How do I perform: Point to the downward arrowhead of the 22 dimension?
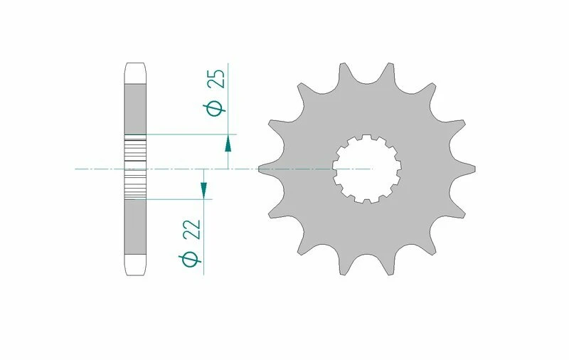point(203,189)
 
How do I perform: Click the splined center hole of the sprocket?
point(367,169)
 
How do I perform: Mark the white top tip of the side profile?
point(135,73)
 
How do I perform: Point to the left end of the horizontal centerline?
point(76,169)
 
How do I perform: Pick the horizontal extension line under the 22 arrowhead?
point(178,199)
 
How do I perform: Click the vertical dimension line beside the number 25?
point(228,100)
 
